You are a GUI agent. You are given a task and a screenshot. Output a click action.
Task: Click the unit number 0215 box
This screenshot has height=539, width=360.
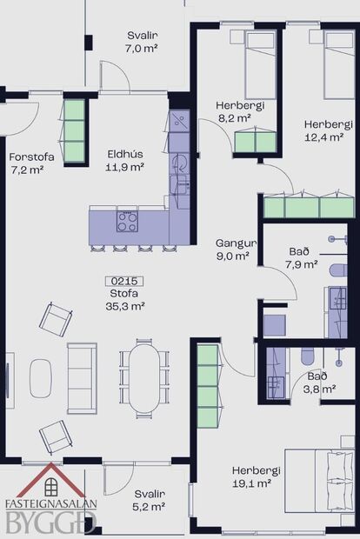tap(124, 281)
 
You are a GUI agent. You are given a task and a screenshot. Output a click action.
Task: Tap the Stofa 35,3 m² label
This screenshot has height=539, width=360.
tap(124, 300)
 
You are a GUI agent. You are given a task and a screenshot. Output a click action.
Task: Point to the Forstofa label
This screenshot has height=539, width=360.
tap(26, 163)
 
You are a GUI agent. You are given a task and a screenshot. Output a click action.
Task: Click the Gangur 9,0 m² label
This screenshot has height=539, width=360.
tap(233, 250)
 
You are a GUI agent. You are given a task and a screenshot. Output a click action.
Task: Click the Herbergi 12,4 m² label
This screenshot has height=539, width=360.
tap(324, 130)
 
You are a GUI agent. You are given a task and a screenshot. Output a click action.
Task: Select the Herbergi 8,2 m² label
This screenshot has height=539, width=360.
tap(234, 110)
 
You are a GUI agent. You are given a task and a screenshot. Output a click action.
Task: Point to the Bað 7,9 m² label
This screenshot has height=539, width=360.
tap(298, 257)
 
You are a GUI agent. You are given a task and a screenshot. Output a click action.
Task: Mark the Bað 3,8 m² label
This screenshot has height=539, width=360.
tap(318, 383)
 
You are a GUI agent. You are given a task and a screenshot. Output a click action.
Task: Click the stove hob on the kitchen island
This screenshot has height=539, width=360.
tap(127, 221)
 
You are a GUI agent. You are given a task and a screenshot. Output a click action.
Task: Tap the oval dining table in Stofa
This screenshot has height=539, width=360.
tap(145, 376)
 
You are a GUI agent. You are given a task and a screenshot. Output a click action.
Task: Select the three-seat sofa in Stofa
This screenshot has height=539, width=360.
tap(83, 377)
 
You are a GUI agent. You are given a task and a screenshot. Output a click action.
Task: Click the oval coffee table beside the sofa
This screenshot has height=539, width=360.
tap(42, 377)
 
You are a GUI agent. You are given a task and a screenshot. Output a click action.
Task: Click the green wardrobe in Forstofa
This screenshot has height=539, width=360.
tap(75, 131)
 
